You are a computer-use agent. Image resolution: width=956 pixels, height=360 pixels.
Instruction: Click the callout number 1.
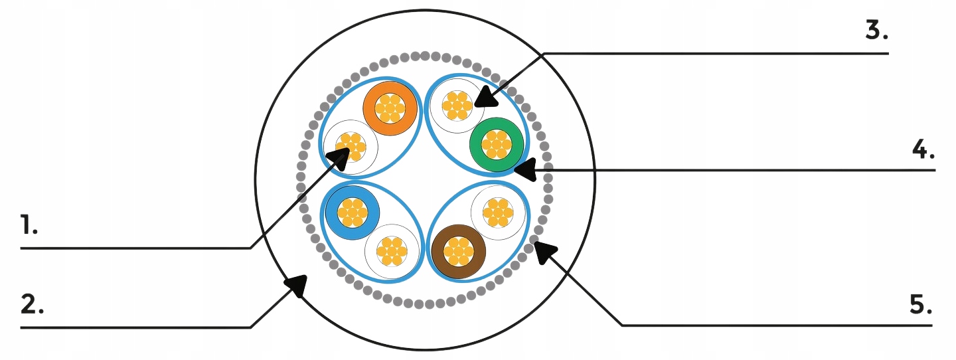[x=29, y=226]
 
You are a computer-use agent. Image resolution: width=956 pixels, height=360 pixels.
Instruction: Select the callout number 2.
[x=32, y=305]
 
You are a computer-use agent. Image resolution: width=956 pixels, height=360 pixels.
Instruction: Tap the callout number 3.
[x=877, y=31]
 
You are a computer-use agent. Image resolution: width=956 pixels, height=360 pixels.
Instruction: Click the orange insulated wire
[x=390, y=108]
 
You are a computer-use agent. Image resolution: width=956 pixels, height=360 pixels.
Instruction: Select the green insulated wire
[x=497, y=143]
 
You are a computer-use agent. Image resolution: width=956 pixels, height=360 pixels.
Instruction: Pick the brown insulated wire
[x=459, y=251]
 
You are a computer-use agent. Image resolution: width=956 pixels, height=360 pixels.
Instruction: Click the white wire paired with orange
[x=350, y=147]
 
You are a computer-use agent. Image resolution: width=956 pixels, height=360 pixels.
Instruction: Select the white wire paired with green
[x=457, y=105]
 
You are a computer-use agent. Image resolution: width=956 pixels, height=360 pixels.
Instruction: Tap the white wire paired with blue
[x=392, y=252]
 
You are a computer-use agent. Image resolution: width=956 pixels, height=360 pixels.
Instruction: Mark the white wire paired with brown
[x=498, y=213]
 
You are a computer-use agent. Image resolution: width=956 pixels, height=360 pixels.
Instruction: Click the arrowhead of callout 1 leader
[x=341, y=157]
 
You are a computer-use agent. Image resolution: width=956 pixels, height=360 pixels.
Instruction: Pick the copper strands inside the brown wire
[x=459, y=251]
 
